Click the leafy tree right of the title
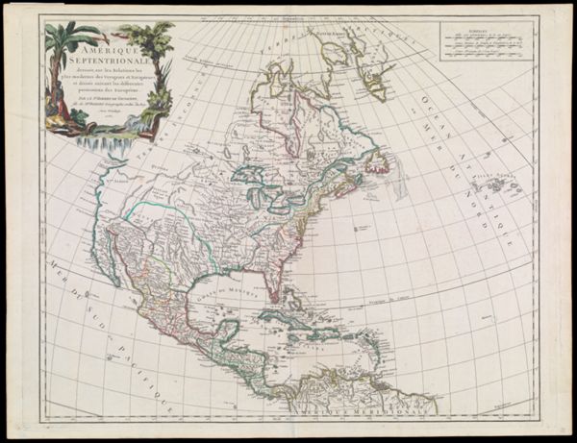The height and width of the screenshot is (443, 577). click(154, 43)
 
